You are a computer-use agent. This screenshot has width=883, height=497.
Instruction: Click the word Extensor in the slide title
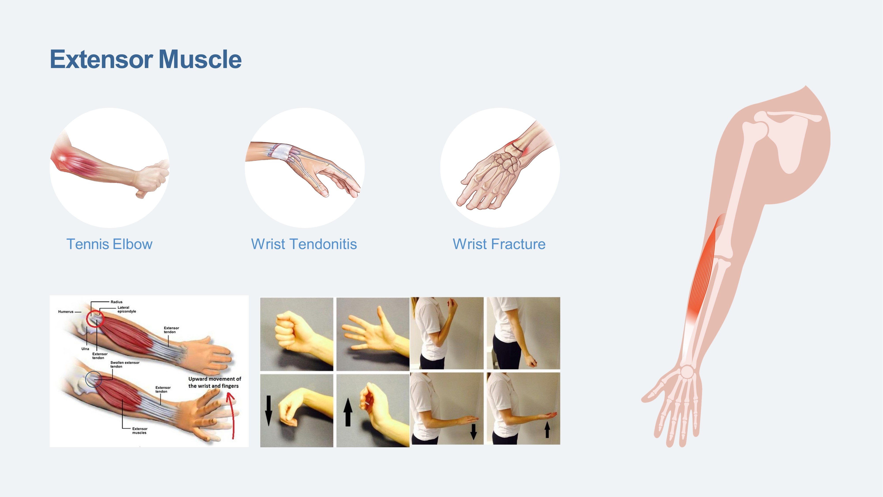[102, 59]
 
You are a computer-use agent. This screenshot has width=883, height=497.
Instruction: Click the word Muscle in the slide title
[200, 59]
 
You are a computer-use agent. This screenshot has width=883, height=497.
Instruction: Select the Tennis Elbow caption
[109, 244]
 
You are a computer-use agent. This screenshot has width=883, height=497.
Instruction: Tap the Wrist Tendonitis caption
[304, 244]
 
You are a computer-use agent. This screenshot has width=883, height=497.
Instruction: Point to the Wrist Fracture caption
[499, 244]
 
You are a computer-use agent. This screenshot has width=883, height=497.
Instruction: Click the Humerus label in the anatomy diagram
[66, 312]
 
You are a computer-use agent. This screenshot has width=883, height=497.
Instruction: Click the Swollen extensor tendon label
[125, 364]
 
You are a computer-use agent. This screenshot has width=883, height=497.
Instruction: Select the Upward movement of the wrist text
[215, 382]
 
